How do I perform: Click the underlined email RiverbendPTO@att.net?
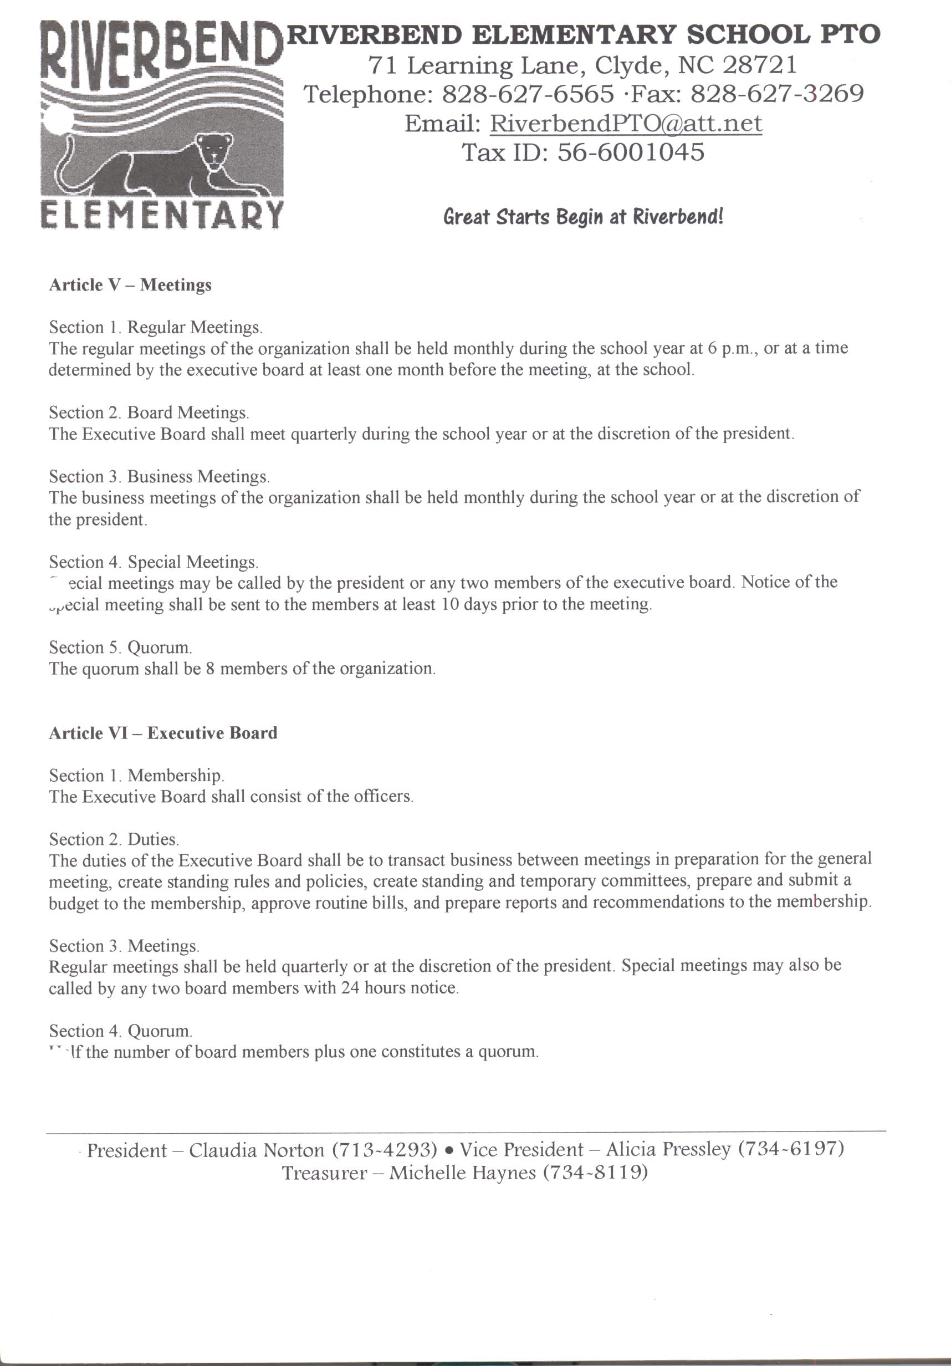pyautogui.click(x=626, y=123)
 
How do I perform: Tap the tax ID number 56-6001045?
pyautogui.click(x=631, y=152)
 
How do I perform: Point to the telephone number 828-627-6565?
pyautogui.click(x=528, y=94)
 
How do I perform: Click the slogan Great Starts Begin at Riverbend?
pyautogui.click(x=583, y=216)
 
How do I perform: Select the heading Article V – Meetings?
pyautogui.click(x=130, y=285)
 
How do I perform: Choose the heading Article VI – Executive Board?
pyautogui.click(x=163, y=733)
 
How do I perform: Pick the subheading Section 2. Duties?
pyautogui.click(x=114, y=839)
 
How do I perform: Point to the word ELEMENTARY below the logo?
pyautogui.click(x=161, y=215)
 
